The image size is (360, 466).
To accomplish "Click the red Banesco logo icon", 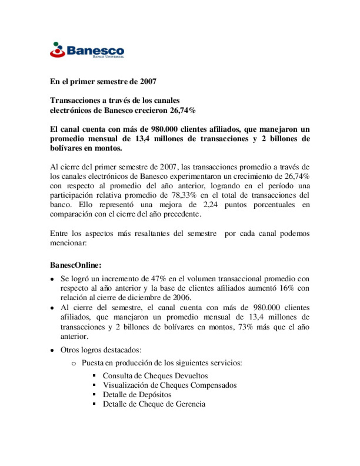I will coord(57,50).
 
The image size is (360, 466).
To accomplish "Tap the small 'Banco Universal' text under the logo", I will coord(108,57).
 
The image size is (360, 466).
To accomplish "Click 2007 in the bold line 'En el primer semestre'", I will coord(148,82).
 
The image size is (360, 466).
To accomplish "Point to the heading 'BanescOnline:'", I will coord(76,265).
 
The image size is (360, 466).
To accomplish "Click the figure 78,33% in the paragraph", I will coord(184,195).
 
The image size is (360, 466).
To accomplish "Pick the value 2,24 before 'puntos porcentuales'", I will coord(210,205).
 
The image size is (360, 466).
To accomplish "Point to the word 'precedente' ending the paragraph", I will coord(184,214).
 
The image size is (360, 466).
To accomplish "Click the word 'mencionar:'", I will coord(68,243).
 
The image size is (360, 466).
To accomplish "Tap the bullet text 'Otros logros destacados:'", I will coord(101,350).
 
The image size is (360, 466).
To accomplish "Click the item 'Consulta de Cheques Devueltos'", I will coord(155,376).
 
